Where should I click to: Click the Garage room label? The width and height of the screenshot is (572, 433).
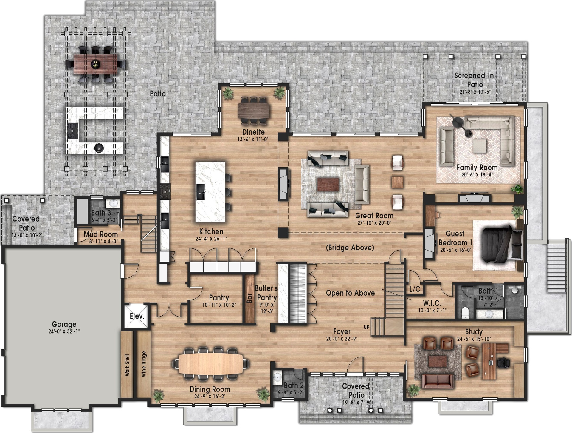pos(64,324)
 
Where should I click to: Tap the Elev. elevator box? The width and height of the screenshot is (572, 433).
pos(137,316)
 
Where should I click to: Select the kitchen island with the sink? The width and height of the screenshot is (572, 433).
pos(210,192)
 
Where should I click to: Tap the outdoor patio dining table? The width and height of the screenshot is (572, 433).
pos(96,64)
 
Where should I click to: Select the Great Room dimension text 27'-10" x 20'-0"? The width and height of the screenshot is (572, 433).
pos(374,223)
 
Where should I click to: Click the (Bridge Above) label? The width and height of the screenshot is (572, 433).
pos(350,248)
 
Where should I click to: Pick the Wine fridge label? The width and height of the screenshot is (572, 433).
pos(144,364)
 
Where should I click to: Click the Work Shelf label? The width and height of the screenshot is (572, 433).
pos(127,365)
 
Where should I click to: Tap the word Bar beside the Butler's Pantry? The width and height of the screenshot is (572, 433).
pos(249,298)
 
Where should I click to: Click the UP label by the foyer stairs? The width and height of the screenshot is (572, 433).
pos(366,327)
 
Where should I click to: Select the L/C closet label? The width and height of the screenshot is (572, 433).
pos(415,289)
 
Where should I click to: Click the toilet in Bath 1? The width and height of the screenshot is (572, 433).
pos(465,313)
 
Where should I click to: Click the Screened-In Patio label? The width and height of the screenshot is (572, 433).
pos(474,80)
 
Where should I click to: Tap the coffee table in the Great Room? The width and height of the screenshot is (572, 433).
pos(328,184)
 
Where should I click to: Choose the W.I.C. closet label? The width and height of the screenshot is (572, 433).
pos(432,303)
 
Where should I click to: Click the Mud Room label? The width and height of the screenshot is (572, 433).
pos(101,234)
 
